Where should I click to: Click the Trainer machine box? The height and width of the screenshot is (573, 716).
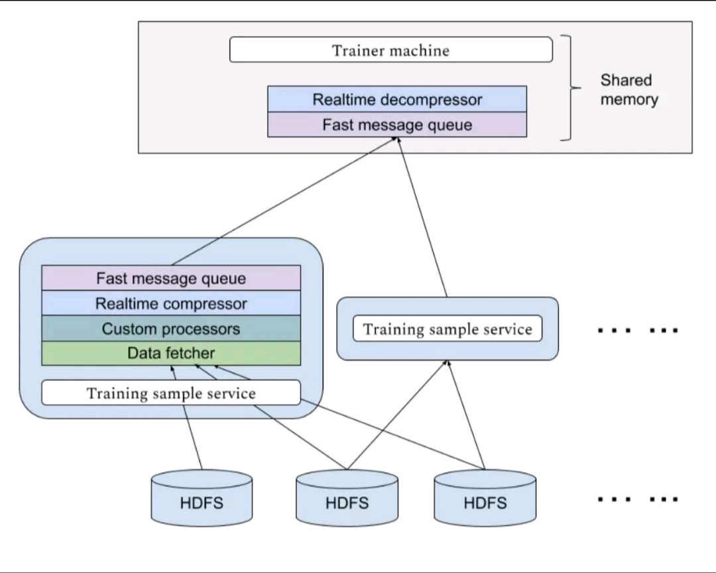click(x=391, y=50)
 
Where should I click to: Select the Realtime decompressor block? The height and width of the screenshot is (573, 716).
click(x=397, y=99)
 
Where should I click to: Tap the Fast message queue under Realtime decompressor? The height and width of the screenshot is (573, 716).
click(x=397, y=125)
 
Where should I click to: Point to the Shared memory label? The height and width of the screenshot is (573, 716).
click(x=628, y=89)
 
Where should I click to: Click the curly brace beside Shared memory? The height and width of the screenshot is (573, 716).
click(x=571, y=87)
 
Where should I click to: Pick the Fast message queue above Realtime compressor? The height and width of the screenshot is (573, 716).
click(x=171, y=278)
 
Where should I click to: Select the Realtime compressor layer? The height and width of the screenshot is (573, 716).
click(x=171, y=303)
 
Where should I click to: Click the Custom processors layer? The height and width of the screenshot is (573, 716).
click(x=171, y=328)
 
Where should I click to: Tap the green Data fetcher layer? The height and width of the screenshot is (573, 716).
click(x=171, y=353)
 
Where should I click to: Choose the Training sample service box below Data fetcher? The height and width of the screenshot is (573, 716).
click(x=171, y=393)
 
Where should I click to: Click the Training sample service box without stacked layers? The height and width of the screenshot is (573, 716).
click(x=447, y=329)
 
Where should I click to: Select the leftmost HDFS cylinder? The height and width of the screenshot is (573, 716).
click(x=202, y=499)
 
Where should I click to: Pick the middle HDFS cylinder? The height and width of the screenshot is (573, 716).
click(x=347, y=499)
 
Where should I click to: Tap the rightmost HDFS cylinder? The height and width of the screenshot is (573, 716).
click(x=485, y=499)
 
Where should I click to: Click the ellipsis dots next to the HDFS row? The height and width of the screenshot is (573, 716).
click(x=638, y=499)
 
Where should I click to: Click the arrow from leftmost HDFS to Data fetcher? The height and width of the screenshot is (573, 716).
click(x=187, y=418)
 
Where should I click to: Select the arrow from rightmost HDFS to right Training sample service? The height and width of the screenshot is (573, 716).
click(x=465, y=415)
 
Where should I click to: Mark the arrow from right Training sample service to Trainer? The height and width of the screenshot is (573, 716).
click(x=422, y=217)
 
